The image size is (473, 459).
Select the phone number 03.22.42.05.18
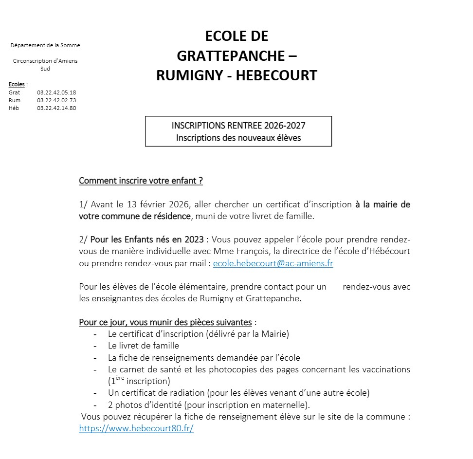tap(56, 92)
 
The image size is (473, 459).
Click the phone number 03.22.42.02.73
tap(56, 100)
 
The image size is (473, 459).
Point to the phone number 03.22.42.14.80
tap(56, 108)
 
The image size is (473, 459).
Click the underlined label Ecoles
tap(17, 85)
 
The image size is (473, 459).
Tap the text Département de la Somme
tap(45, 45)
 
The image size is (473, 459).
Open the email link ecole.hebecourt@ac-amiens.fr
tap(273, 263)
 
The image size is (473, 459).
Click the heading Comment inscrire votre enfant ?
tap(141, 181)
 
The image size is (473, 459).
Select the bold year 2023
tap(194, 239)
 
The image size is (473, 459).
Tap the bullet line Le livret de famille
tap(144, 346)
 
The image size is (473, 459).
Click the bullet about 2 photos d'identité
tap(209, 405)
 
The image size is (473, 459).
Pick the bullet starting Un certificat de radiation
tap(238, 393)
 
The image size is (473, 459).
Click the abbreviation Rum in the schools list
tap(15, 100)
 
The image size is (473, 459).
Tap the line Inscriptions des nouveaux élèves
tap(238, 138)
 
